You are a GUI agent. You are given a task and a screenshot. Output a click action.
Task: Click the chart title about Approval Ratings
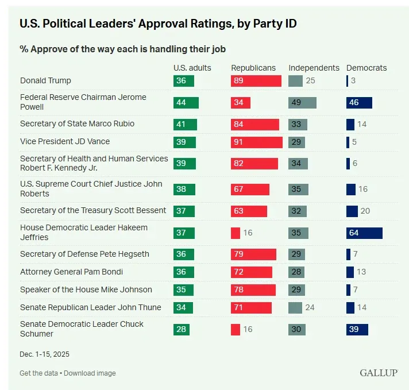[158, 24]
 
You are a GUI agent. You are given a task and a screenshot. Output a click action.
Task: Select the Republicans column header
[253, 68]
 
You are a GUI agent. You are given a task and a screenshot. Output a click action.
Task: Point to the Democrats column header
[366, 68]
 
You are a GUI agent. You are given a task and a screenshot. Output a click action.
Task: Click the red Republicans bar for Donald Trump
[256, 81]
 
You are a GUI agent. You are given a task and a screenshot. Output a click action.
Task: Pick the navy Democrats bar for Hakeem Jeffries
[364, 233]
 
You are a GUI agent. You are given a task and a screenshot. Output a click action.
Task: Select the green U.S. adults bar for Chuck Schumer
[182, 329]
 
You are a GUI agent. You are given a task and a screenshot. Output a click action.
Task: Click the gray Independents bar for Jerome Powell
[302, 103]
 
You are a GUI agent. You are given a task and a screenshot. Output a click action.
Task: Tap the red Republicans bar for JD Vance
[257, 142]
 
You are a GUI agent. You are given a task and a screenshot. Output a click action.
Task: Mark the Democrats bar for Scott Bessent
[352, 211]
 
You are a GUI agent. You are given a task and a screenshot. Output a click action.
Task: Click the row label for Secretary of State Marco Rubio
[77, 123]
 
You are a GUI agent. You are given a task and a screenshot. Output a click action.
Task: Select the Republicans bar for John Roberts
[250, 189]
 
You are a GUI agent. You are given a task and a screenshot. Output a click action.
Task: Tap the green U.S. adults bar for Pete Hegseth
[184, 254]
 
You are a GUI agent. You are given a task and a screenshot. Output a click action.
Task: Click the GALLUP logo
[379, 373]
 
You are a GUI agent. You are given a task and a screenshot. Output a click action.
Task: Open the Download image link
[90, 373]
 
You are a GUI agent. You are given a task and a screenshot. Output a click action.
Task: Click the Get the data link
[38, 373]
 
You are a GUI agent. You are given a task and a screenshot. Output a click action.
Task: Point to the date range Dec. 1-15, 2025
[44, 354]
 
